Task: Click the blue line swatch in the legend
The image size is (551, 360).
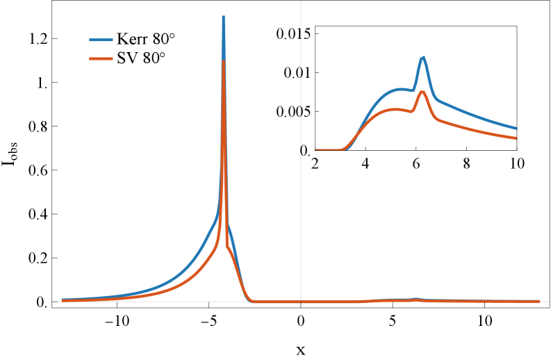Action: (101, 40)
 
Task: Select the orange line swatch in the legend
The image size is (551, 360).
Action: (101, 59)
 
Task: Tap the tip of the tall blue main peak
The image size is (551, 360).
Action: (223, 16)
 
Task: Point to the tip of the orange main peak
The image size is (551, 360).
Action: (223, 61)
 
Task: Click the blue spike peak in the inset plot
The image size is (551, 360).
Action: (423, 57)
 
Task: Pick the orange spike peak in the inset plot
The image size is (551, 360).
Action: (422, 91)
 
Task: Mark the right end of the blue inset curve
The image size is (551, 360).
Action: (516, 129)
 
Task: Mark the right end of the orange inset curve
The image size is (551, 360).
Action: (516, 138)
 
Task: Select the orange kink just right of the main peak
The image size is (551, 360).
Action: (227, 246)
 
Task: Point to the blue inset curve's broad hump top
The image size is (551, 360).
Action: (400, 89)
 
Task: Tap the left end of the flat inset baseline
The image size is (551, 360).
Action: (317, 150)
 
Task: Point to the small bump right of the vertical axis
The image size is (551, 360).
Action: (416, 299)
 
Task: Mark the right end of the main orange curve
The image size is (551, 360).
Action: (538, 301)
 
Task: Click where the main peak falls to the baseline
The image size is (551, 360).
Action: (252, 301)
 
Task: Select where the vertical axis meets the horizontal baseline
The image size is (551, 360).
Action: (300, 302)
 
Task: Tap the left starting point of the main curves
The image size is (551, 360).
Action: (62, 300)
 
